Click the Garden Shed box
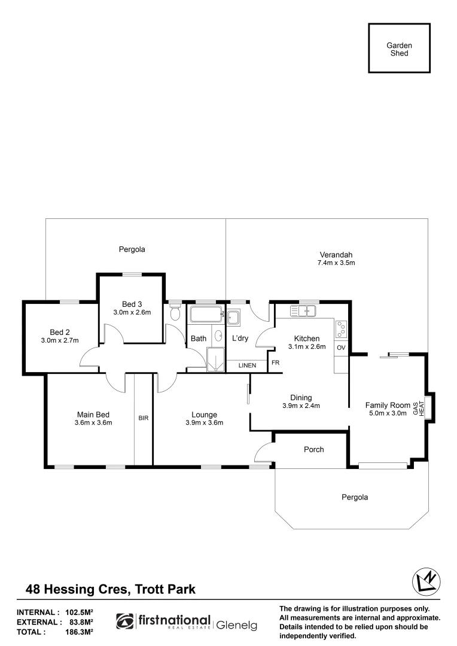click(x=399, y=49)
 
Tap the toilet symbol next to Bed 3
click(x=175, y=312)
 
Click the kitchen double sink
click(x=304, y=311)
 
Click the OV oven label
click(x=341, y=348)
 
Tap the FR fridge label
click(x=276, y=363)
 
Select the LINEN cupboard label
click(x=247, y=365)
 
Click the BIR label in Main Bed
click(x=144, y=418)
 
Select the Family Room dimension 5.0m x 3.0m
click(x=387, y=413)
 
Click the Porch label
click(x=314, y=449)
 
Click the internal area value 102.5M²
click(x=77, y=613)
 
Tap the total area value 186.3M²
click(x=77, y=632)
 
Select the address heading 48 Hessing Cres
click(x=77, y=589)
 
